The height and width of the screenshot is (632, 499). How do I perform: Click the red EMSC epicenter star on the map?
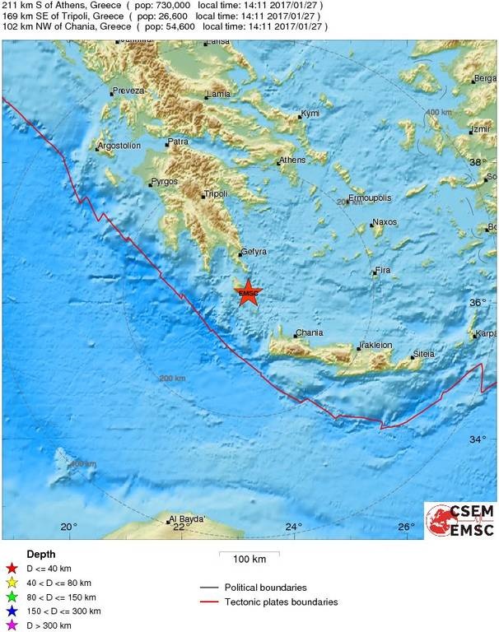click(x=248, y=292)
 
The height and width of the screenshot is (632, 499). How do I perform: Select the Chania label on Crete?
click(x=309, y=332)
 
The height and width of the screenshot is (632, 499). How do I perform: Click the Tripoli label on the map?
click(x=216, y=195)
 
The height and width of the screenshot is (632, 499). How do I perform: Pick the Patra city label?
click(x=178, y=142)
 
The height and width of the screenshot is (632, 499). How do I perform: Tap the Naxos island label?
click(x=385, y=222)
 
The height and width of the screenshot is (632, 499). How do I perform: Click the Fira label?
click(x=382, y=270)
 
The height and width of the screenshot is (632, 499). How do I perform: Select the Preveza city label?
click(x=130, y=91)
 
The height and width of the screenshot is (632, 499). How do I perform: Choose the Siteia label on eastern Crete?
click(x=423, y=354)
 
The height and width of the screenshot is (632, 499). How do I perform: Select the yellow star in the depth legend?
click(x=12, y=583)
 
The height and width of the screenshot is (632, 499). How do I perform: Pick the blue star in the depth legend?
click(x=12, y=611)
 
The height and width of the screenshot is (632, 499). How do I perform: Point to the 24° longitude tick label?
click(x=294, y=527)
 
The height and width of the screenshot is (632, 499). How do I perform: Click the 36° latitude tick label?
click(x=478, y=303)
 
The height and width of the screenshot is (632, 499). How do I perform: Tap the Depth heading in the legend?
click(x=41, y=554)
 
